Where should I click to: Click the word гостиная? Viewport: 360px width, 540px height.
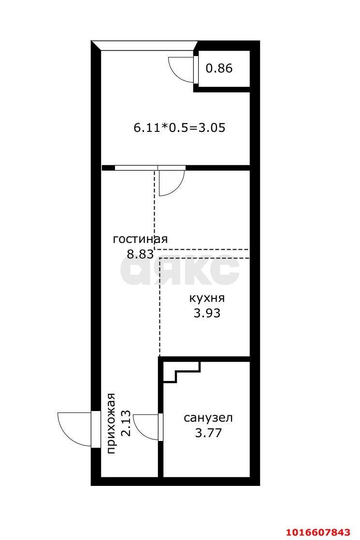140,239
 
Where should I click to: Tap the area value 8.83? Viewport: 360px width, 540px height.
140,255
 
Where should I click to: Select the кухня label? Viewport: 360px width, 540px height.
207,298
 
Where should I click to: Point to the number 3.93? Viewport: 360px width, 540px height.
207,313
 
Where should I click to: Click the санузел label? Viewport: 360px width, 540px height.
208,418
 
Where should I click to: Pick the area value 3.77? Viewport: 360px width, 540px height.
208,433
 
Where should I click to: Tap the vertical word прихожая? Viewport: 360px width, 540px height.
111,424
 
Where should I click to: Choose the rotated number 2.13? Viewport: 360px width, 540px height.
126,423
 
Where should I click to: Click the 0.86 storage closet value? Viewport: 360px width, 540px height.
219,68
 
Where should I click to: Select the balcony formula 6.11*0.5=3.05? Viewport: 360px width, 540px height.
179,128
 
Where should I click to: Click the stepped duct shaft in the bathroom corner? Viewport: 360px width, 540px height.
182,372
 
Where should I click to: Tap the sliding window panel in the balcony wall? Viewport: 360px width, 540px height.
150,168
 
